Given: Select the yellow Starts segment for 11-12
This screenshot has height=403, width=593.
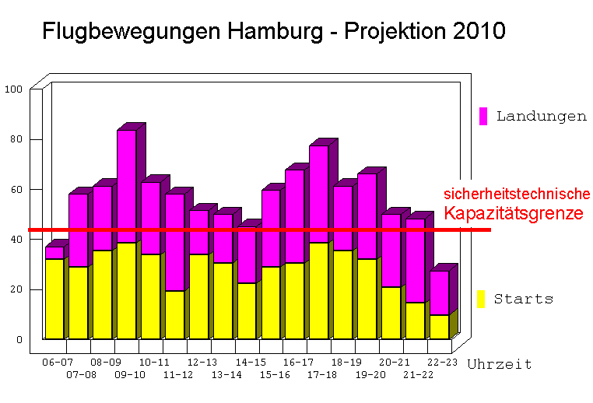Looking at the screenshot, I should click(x=175, y=314).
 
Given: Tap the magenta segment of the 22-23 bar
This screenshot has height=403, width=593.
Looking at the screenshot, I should click(x=439, y=293).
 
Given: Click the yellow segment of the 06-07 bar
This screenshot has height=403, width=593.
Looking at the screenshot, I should click(x=54, y=298).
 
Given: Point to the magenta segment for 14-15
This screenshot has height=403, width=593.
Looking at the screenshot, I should click(x=247, y=255).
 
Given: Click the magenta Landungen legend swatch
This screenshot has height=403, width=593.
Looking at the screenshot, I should click(x=482, y=116).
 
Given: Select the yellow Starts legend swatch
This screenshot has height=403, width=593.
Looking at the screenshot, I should click(x=481, y=299).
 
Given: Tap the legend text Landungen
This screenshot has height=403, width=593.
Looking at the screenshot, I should click(x=541, y=117).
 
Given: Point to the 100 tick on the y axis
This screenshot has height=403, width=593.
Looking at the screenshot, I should click(x=14, y=89).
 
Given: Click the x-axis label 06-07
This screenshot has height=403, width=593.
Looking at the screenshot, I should click(x=57, y=363).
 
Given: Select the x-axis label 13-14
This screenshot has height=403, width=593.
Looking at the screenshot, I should click(x=226, y=375).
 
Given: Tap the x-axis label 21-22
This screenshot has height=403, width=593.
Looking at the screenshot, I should click(x=418, y=375).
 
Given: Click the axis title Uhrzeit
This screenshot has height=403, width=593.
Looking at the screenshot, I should click(x=500, y=364).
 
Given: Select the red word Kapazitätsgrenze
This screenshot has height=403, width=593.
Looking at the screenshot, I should click(x=514, y=213).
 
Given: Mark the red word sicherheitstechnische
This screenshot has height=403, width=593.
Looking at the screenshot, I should click(x=517, y=194).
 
